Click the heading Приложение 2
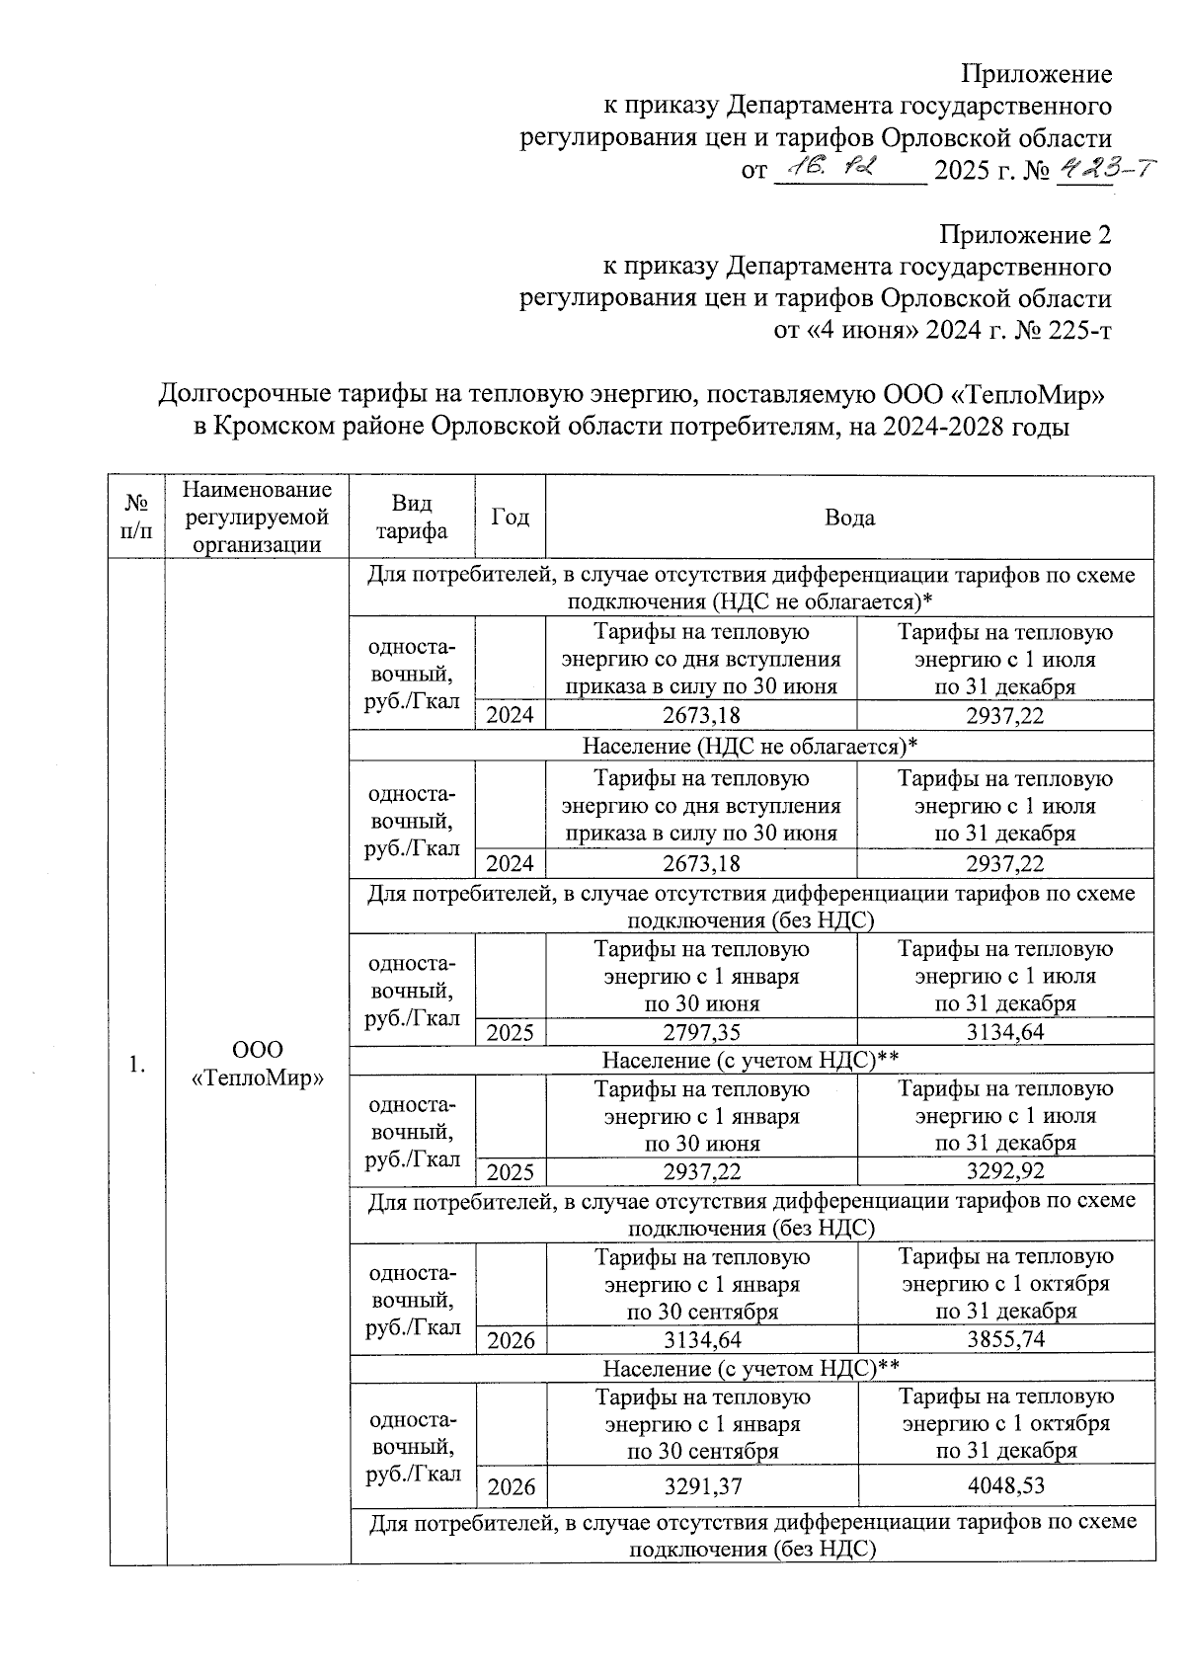[1025, 235]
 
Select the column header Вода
[849, 518]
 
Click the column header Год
[510, 518]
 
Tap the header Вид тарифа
[412, 518]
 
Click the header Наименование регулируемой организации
[258, 518]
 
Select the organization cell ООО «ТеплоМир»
[258, 1064]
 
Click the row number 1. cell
[137, 1064]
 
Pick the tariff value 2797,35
[701, 1032]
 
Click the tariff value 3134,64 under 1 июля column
[1004, 1032]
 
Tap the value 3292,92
[1004, 1171]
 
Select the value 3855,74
[1004, 1340]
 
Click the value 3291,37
[702, 1485]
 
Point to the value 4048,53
[1005, 1485]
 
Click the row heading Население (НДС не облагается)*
[750, 746]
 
